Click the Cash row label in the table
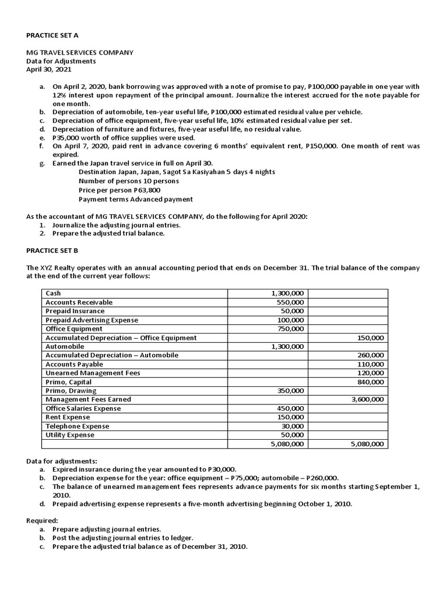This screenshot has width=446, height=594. tap(53, 294)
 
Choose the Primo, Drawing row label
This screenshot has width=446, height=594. tap(71, 391)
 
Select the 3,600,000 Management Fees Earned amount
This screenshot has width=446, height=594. tap(368, 400)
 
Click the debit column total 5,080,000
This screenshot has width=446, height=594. tap(287, 444)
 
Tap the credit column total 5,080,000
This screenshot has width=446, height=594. tap(368, 444)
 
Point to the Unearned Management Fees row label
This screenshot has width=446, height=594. tap(92, 373)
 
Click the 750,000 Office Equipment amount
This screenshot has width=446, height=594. tap(290, 329)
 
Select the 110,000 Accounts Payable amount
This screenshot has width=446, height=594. tap(370, 364)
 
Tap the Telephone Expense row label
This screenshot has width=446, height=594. tap(77, 426)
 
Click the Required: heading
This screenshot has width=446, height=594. tap(42, 521)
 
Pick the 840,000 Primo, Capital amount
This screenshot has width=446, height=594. tap(370, 382)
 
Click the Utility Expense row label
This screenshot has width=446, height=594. tap(70, 435)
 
